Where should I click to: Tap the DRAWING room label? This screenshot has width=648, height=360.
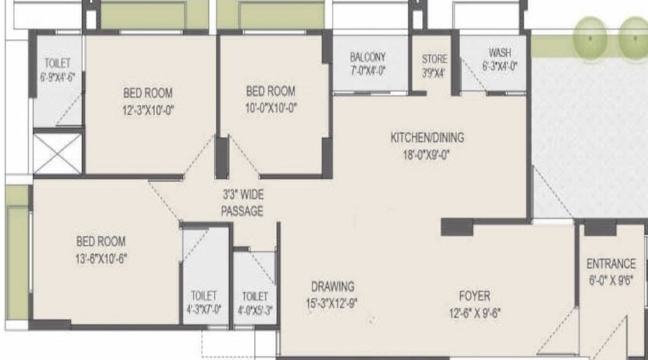point(333,286)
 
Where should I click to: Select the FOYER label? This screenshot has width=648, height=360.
point(474,296)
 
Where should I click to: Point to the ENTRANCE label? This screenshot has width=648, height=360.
point(611,264)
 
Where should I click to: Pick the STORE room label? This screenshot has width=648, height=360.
point(434,59)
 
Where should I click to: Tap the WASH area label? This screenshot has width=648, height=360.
point(499,53)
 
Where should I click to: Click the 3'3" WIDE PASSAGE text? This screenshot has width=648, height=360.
point(242,203)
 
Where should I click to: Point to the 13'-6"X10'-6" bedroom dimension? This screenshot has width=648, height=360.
point(101,258)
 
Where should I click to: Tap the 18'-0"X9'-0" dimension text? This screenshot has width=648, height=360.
point(426,153)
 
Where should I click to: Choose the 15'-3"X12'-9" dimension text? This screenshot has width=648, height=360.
point(332,303)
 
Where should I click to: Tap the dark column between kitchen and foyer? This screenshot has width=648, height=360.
point(456,228)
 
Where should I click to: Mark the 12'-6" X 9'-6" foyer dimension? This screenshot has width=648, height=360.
point(474,312)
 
